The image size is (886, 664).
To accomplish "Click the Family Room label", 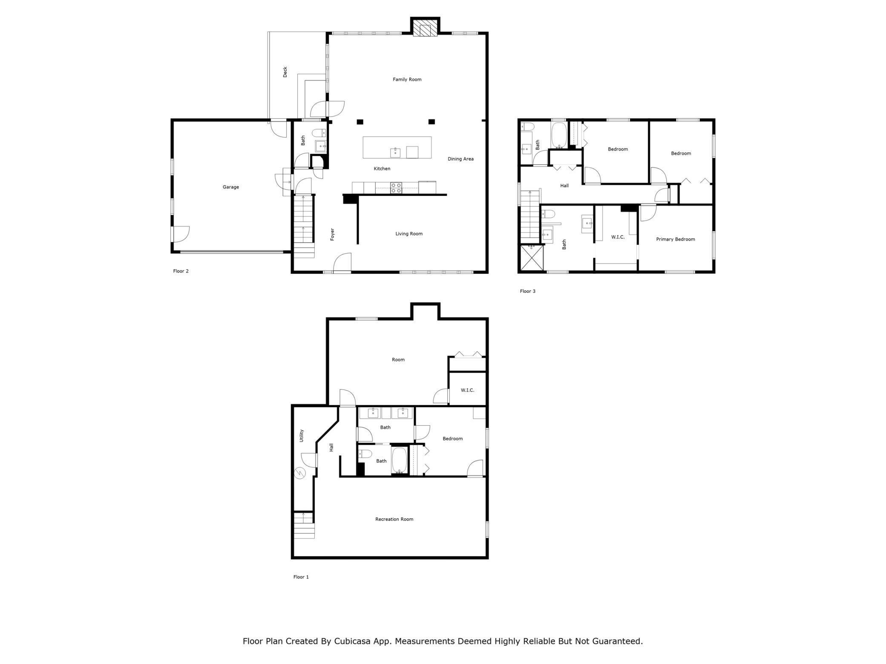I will pyautogui.click(x=407, y=79).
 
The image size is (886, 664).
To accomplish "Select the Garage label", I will pyautogui.click(x=230, y=187).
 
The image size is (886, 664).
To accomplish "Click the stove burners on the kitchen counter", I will pyautogui.click(x=396, y=188).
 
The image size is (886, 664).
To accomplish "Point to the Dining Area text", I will pyautogui.click(x=460, y=159).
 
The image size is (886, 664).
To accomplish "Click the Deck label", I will pyautogui.click(x=285, y=72).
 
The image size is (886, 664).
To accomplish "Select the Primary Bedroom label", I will pyautogui.click(x=675, y=239).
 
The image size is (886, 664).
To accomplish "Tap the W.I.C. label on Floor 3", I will pyautogui.click(x=618, y=237).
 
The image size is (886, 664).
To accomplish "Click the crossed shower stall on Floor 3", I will pyautogui.click(x=532, y=258).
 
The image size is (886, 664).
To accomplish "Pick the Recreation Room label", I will pyautogui.click(x=394, y=519).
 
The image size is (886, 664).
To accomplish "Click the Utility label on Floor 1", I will pyautogui.click(x=302, y=435).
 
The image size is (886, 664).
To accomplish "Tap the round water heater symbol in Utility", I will pyautogui.click(x=300, y=473).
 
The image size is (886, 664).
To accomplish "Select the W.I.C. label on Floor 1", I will pyautogui.click(x=467, y=390).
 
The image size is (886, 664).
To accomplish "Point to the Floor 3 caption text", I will pyautogui.click(x=527, y=291).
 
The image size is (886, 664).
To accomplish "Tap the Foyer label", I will pyautogui.click(x=332, y=234).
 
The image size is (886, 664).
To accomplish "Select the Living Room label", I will pyautogui.click(x=408, y=233).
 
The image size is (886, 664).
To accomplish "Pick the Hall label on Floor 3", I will pyautogui.click(x=564, y=186).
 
